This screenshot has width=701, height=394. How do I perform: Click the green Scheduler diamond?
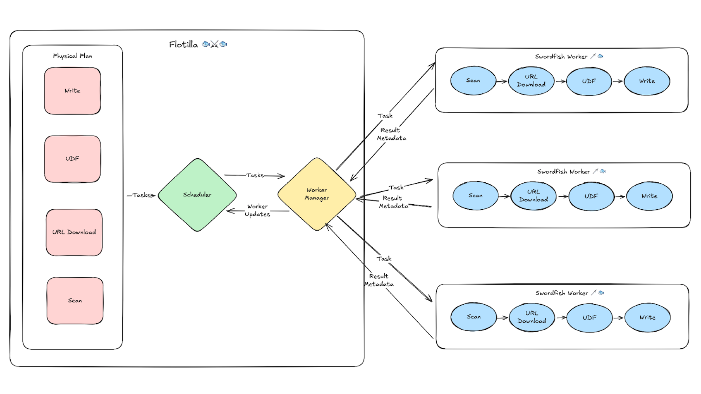tap(197, 195)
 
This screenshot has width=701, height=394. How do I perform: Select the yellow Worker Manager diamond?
tap(317, 194)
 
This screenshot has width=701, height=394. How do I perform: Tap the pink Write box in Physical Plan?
tap(72, 91)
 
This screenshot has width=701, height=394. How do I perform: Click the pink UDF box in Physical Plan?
tap(72, 159)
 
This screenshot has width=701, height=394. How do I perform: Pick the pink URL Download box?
tap(74, 232)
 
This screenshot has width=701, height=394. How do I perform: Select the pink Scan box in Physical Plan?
tap(75, 301)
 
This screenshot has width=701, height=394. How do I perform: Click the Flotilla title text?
tap(183, 45)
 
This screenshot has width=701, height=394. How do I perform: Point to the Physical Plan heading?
tap(72, 56)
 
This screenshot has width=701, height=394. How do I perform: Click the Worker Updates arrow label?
tap(257, 210)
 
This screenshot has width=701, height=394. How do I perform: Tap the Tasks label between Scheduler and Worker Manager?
tap(255, 175)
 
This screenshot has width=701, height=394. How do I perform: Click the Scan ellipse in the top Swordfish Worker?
tap(473, 81)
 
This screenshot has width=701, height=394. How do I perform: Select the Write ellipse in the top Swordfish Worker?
tap(647, 81)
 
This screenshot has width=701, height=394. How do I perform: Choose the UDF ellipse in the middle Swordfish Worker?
tap(591, 196)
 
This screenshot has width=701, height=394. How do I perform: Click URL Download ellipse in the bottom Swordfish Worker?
tap(532, 317)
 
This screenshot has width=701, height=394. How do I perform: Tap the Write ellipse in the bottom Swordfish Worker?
tap(647, 317)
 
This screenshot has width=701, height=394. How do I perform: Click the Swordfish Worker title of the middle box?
tap(563, 171)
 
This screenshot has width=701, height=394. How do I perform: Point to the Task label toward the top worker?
tap(385, 116)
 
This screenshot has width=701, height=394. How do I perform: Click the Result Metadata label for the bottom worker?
tap(379, 280)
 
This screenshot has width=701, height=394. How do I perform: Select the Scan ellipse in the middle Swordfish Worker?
tap(475, 196)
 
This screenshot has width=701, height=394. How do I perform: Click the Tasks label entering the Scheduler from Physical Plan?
tap(141, 195)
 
